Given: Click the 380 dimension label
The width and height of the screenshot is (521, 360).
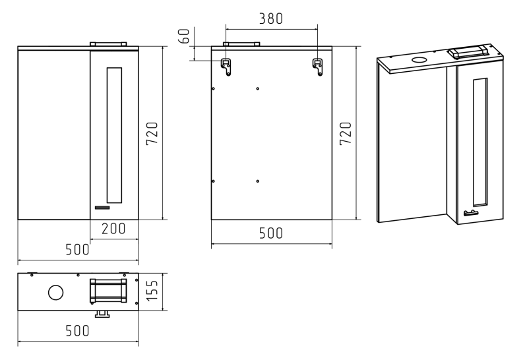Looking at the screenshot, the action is point(271,18).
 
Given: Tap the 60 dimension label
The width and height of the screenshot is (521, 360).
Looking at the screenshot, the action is point(184,36).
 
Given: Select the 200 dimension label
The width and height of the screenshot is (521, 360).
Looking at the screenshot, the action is point(113,229).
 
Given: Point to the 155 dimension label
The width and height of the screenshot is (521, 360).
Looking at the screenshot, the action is point(152,291).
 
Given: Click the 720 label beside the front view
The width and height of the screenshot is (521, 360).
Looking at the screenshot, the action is point(152,133).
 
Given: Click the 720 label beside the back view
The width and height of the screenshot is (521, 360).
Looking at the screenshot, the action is point(346,133).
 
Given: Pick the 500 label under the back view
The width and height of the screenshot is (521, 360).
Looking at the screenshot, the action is point(271,233).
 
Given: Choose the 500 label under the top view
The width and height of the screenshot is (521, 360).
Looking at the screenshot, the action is point(77,331).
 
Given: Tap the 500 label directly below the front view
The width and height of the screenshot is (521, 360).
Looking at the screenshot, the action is point(77,249).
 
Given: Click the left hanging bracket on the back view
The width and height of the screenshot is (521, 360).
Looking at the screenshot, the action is point(226,67).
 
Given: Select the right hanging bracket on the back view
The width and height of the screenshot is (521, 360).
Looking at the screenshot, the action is point(318,67).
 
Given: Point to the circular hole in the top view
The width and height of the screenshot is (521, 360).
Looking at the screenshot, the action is point(55,292).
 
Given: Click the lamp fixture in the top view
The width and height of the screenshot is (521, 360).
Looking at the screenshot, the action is point(108,291).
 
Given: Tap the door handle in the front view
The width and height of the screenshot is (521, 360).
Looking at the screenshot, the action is point(102,208).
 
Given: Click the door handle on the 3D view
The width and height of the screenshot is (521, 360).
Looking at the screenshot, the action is point(471,213).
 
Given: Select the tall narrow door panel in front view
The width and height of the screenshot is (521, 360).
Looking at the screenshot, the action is point(114,135).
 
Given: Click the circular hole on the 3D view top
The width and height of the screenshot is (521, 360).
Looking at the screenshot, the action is point(420,61).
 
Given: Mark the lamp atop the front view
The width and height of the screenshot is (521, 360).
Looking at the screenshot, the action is point(108,44).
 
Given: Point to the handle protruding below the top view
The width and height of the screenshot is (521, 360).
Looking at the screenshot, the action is point(102,314).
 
